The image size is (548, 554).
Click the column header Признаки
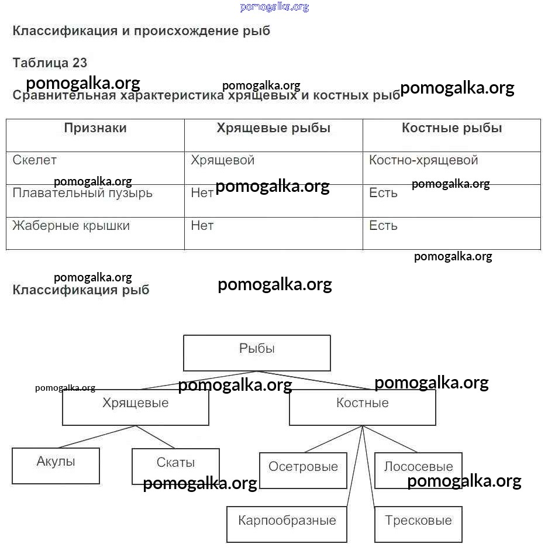pyautogui.click(x=95, y=129)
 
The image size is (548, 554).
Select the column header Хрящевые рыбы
pyautogui.click(x=273, y=129)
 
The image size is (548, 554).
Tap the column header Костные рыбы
pyautogui.click(x=452, y=129)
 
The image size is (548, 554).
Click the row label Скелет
pyautogui.click(x=35, y=160)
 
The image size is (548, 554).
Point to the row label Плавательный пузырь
pyautogui.click(x=82, y=193)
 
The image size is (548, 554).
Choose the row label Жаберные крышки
pyautogui.click(x=71, y=226)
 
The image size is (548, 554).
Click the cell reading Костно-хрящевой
pyautogui.click(x=423, y=160)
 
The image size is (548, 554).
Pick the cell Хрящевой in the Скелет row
pyautogui.click(x=222, y=160)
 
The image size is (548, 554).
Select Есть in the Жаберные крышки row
pyautogui.click(x=383, y=226)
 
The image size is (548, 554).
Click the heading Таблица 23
pyautogui.click(x=50, y=63)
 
